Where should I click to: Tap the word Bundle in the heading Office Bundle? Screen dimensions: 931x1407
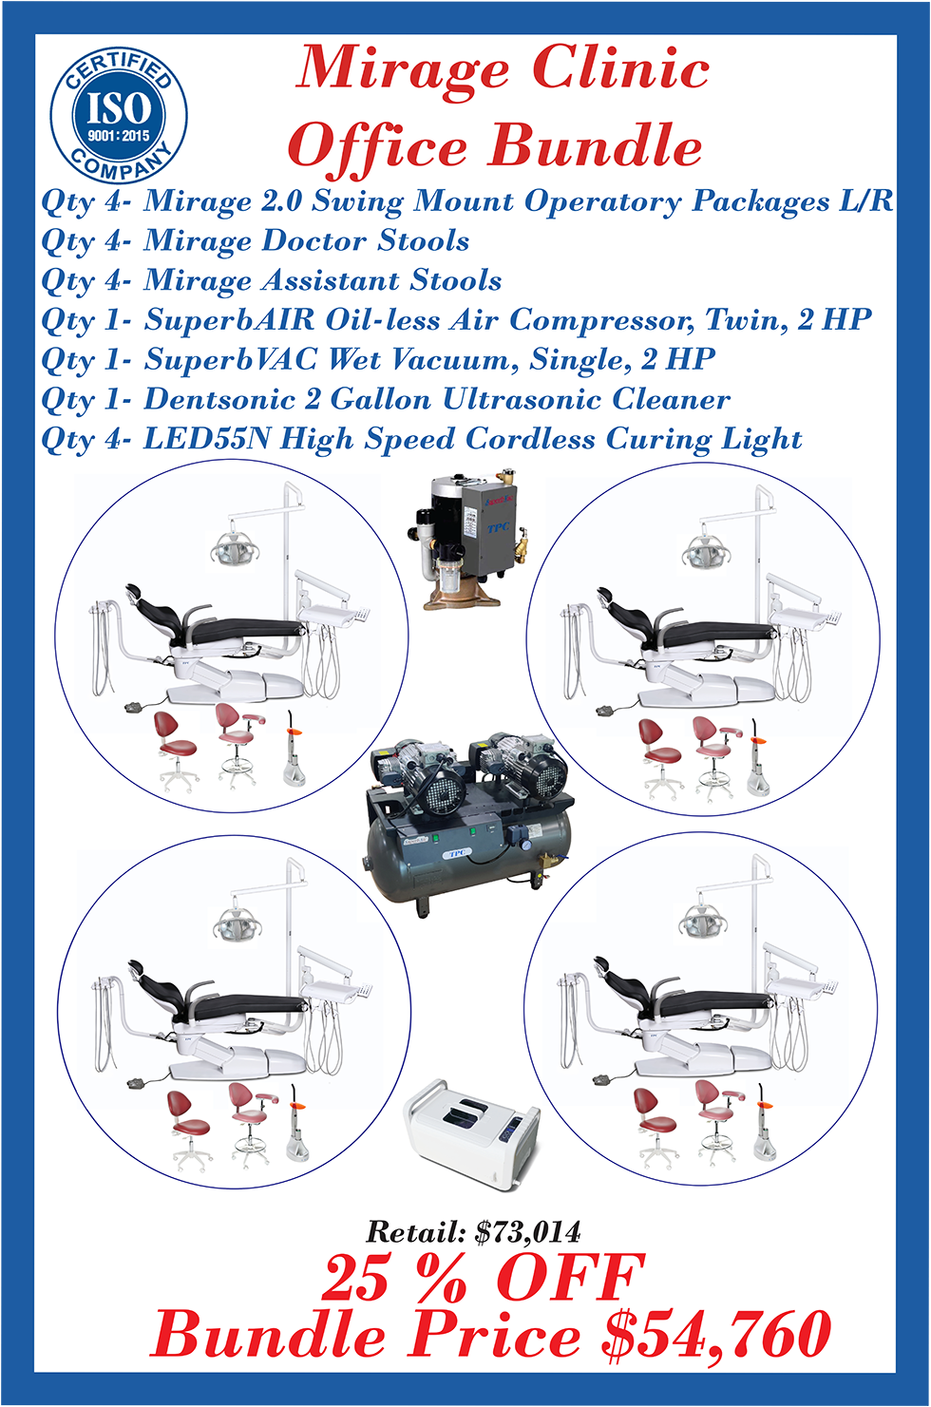(x=595, y=145)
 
